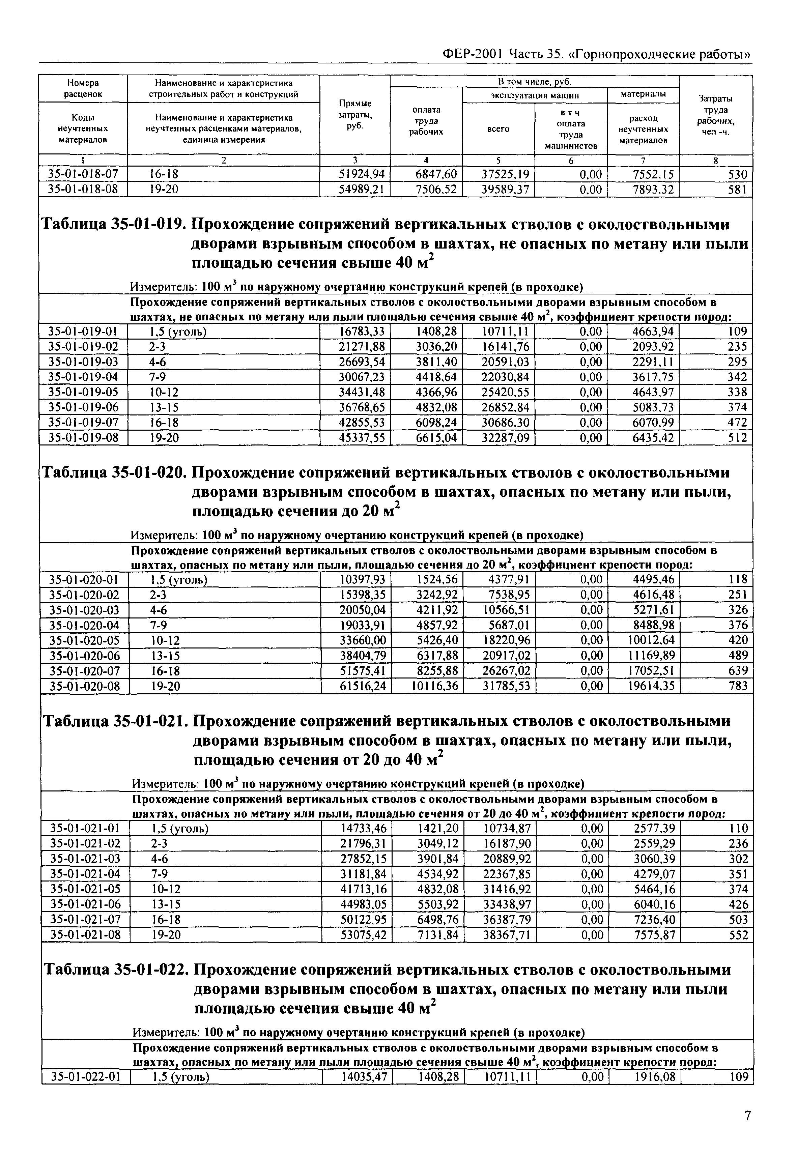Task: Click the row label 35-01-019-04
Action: [x=83, y=377]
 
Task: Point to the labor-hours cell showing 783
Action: [x=738, y=686]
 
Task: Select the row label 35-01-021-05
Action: [x=85, y=889]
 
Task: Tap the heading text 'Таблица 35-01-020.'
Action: [x=114, y=472]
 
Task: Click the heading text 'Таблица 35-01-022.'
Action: [x=116, y=970]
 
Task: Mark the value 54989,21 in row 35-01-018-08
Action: [x=362, y=189]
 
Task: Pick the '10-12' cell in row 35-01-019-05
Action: [x=164, y=392]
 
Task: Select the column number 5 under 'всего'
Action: [x=499, y=160]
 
